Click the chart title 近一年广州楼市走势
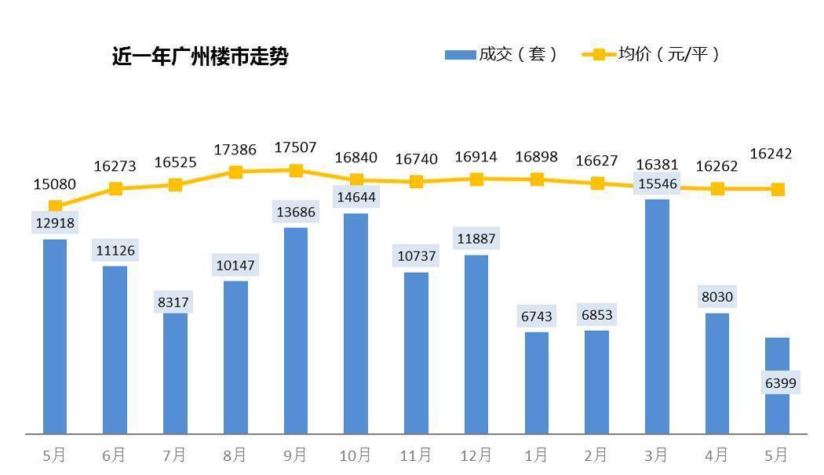coord(200,56)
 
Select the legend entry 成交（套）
coord(501,54)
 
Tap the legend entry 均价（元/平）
coord(651,54)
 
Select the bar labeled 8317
coord(175,372)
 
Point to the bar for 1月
coord(537,383)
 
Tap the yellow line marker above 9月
coord(296,171)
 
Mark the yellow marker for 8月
coord(235,172)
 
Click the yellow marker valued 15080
coord(55,206)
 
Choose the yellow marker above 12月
coord(476,179)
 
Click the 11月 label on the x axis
coord(415,455)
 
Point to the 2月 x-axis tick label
coord(596,455)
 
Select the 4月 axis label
coord(716,455)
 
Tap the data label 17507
coord(295,148)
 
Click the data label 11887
coord(476,239)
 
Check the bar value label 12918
coord(55,223)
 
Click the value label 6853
coord(596,315)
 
